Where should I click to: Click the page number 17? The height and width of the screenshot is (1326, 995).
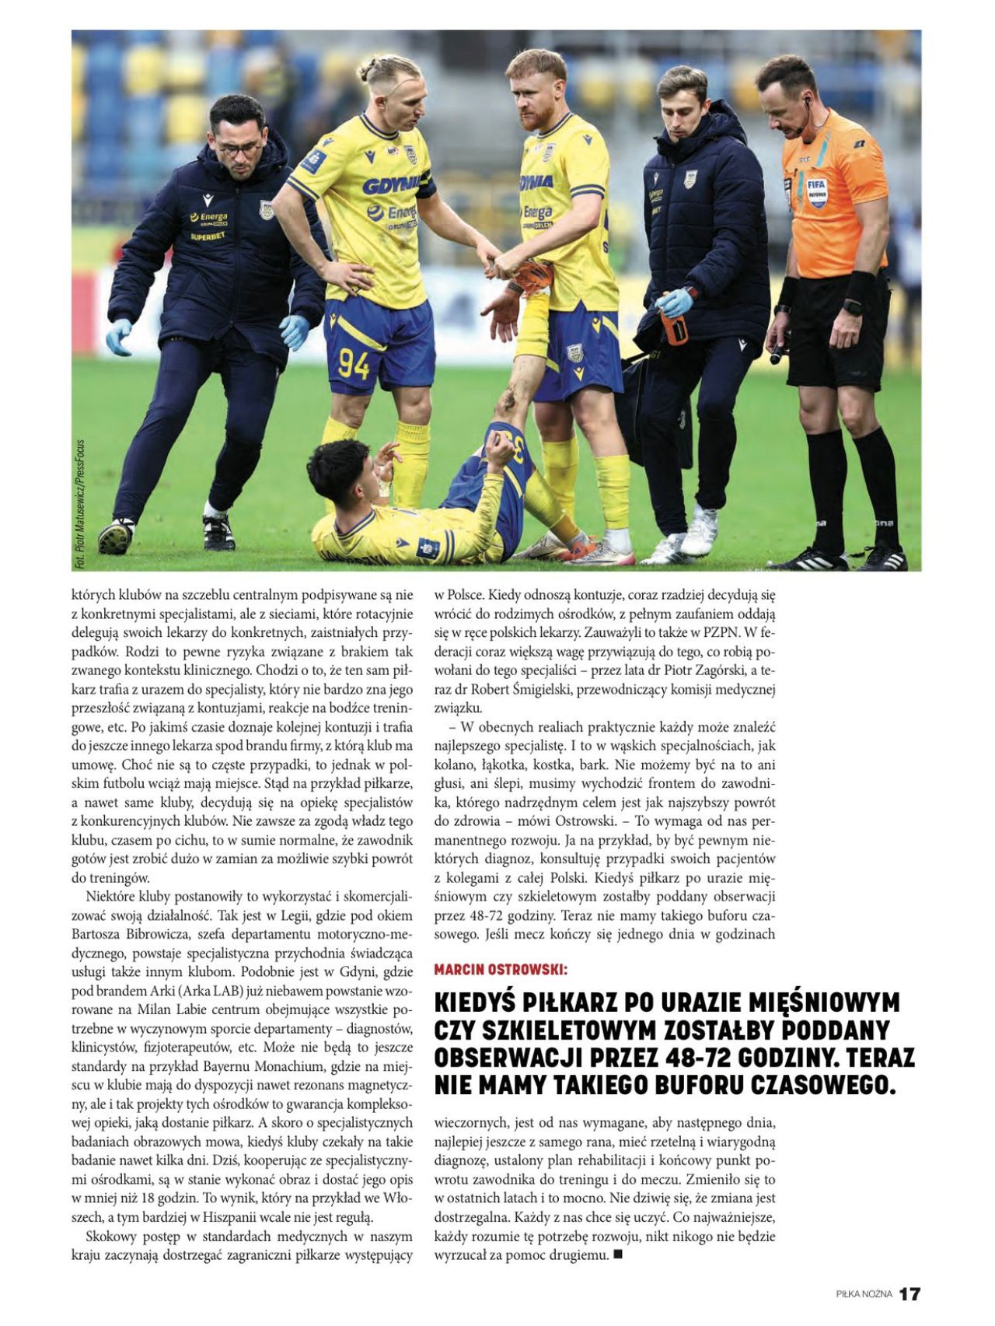point(909,1294)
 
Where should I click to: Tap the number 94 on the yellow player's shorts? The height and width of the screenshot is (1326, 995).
point(353,365)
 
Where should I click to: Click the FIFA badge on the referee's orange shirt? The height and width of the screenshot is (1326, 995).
point(817,191)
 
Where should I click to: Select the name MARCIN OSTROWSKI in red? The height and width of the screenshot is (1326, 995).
point(501,970)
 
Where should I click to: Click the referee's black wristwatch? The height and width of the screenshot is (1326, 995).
point(853,306)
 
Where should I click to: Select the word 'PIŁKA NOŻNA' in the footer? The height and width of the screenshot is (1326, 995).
point(864,1295)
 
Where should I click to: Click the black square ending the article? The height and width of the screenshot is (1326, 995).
point(618,1254)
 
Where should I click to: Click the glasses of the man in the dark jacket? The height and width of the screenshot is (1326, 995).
point(239,148)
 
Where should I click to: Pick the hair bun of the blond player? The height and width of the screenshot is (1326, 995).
point(369,65)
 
